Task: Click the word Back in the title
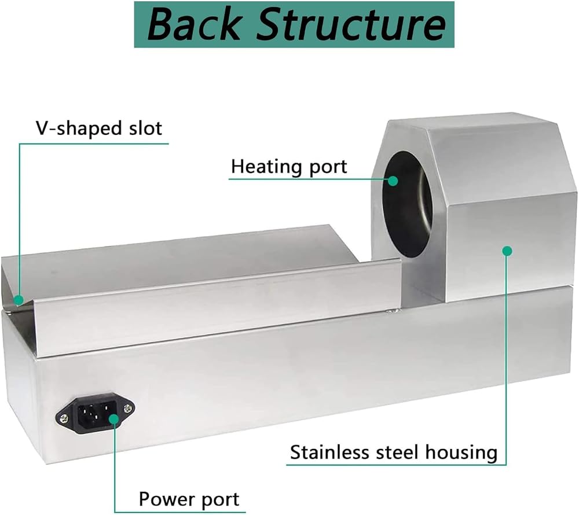click(x=193, y=24)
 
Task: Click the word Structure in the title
click(x=351, y=24)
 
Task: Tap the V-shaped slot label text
click(x=99, y=128)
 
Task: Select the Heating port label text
click(x=289, y=167)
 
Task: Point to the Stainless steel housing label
click(x=394, y=453)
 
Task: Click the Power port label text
click(x=189, y=499)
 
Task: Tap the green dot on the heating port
click(x=393, y=181)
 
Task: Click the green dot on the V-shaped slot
click(x=19, y=300)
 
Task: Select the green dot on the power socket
click(x=114, y=419)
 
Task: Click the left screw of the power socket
click(x=64, y=418)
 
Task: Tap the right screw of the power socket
click(x=128, y=408)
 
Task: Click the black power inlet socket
click(x=96, y=413)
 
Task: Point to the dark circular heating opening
click(x=407, y=204)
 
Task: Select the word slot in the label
click(x=145, y=128)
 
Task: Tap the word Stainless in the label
click(x=329, y=453)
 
